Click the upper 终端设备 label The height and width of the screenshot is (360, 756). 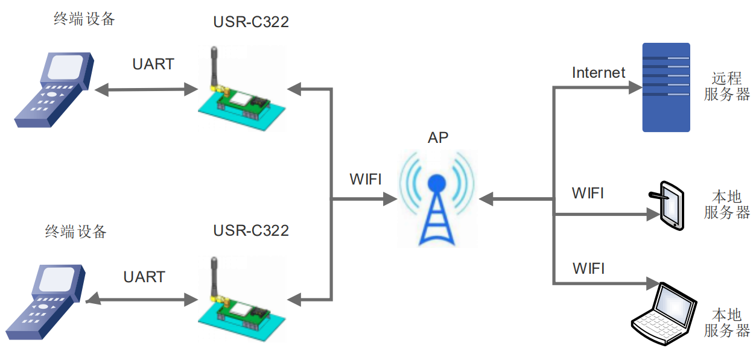point(84,19)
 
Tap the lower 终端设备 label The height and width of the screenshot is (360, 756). point(75,232)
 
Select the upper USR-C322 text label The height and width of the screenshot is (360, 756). point(251,22)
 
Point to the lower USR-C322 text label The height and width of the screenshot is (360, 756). point(251,231)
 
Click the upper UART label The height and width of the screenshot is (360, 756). point(153,64)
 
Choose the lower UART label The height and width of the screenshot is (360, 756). point(144,277)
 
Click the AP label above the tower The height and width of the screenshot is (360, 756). point(438,137)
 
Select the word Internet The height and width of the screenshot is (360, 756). point(599,73)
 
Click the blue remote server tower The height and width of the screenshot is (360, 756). point(666,87)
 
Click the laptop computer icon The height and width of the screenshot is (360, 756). point(663,314)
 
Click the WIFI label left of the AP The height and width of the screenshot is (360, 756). point(366,179)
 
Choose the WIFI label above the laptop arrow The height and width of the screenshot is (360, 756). point(588,268)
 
